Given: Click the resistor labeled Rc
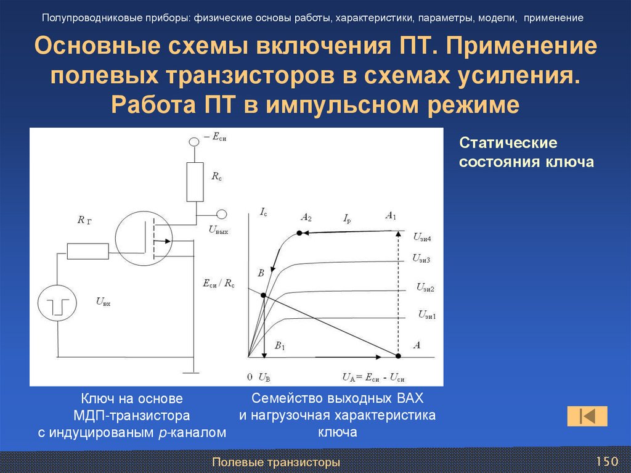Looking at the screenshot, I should [195, 181].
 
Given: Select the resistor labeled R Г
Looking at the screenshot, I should [88, 251].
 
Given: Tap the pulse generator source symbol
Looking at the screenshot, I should [58, 304].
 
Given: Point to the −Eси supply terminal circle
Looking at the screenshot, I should [194, 142].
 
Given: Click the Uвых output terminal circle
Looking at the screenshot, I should [221, 215].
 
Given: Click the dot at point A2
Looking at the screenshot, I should [300, 232].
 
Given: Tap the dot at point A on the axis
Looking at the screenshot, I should [398, 356].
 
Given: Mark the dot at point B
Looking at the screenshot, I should [264, 295].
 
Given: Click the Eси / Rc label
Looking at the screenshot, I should [219, 284].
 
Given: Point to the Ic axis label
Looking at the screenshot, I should [263, 213].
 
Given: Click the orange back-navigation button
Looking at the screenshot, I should [587, 416].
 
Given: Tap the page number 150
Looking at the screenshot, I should [606, 461].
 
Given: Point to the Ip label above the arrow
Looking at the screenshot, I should [348, 217].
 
